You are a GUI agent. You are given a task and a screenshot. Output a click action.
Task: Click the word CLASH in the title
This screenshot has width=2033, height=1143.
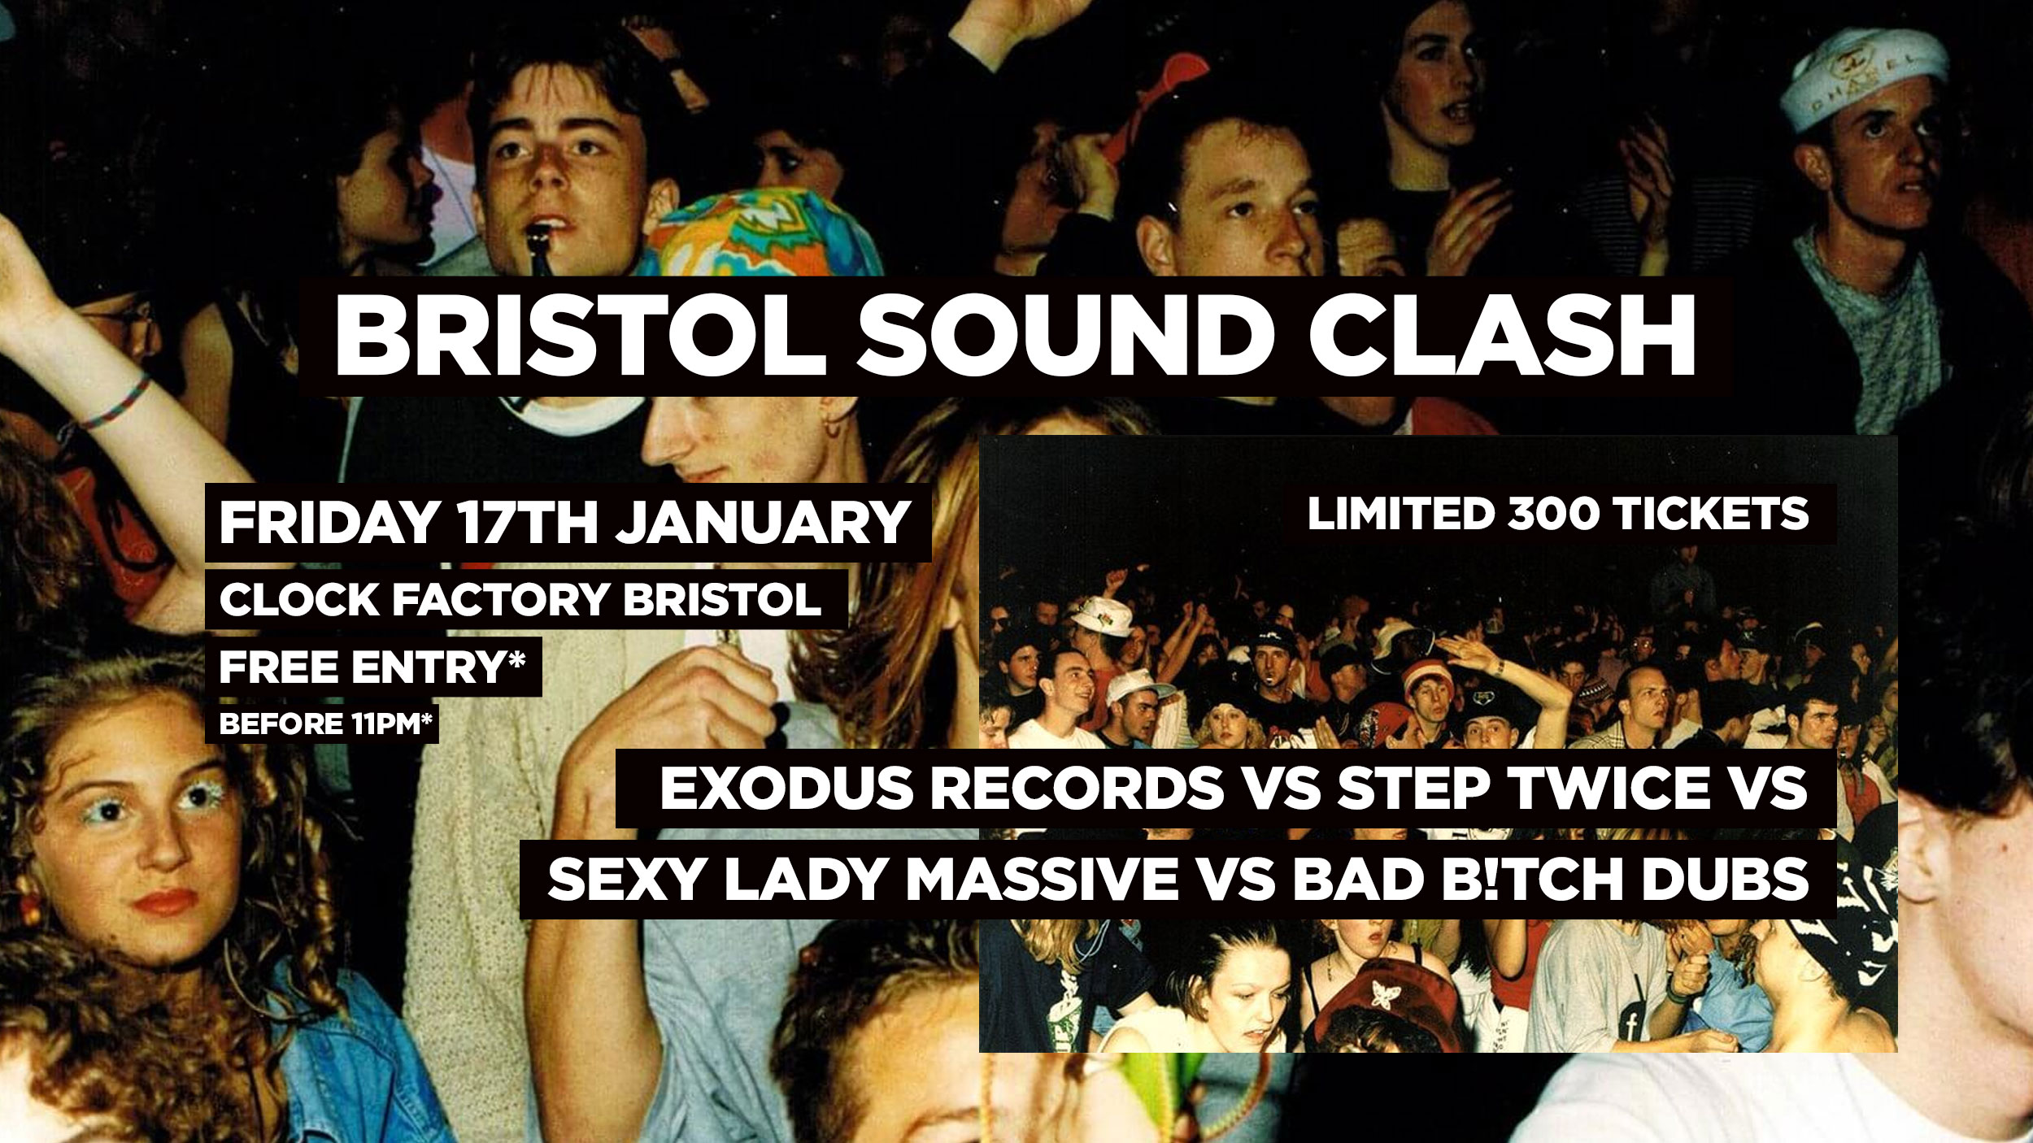1502,336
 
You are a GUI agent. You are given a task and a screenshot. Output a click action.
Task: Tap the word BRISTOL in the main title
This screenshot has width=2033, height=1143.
580,336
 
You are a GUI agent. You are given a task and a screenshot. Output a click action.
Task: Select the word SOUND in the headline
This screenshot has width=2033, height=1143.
1065,336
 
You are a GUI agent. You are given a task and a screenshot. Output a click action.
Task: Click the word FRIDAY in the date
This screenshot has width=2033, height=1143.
329,522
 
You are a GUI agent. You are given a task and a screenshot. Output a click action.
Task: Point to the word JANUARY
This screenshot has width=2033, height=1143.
763,522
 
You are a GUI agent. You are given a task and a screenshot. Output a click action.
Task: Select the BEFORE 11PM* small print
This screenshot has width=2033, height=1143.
325,724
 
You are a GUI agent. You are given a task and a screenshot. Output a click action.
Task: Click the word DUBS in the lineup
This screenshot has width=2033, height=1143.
1725,880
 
